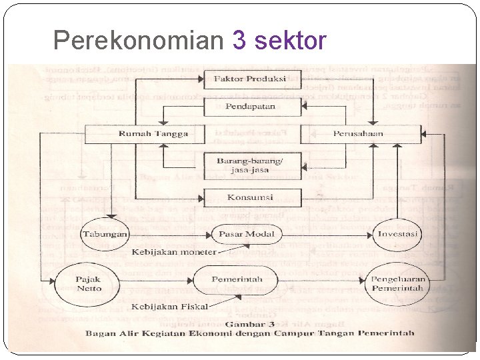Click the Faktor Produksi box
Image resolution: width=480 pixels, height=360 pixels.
[250, 79]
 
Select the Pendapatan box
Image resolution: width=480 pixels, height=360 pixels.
[250, 106]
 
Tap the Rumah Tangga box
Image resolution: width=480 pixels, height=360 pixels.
[153, 133]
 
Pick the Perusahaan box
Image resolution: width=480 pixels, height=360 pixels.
[358, 133]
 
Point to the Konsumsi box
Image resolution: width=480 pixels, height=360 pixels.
[250, 197]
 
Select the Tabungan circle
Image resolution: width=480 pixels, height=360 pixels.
[104, 235]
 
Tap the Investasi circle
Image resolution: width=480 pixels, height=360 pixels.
[398, 235]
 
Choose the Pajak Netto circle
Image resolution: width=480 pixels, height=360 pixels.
[89, 284]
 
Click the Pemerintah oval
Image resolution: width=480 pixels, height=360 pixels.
[237, 280]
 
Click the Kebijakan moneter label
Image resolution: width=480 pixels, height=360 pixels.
[174, 253]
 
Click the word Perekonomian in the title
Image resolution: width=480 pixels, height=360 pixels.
[137, 41]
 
